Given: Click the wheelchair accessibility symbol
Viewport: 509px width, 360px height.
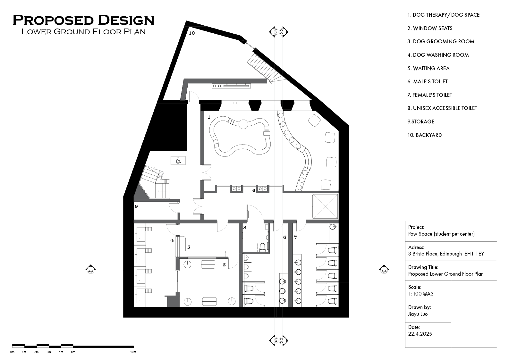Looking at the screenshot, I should pyautogui.click(x=178, y=160).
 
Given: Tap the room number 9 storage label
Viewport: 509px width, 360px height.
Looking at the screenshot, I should pyautogui.click(x=136, y=206).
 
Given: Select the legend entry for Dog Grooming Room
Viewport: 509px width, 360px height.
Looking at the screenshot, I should pyautogui.click(x=440, y=41).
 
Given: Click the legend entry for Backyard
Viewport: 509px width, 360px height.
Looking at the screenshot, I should pyautogui.click(x=424, y=135).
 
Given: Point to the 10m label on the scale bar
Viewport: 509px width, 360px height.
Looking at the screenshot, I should pyautogui.click(x=133, y=352).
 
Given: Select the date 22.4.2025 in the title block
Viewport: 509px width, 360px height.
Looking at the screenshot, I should pyautogui.click(x=420, y=334).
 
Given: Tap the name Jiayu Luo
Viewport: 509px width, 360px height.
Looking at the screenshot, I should pyautogui.click(x=418, y=314).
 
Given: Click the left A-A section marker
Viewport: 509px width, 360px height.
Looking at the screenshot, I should pyautogui.click(x=91, y=270).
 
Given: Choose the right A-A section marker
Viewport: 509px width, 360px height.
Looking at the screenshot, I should pyautogui.click(x=384, y=270).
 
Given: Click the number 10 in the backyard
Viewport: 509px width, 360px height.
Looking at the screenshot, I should pyautogui.click(x=191, y=33).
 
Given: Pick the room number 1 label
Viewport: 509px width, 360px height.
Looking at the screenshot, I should pyautogui.click(x=209, y=117).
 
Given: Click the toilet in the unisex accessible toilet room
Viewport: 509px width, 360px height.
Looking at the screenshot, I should pyautogui.click(x=262, y=247).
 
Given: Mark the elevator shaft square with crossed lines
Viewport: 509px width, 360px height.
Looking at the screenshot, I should pyautogui.click(x=325, y=206).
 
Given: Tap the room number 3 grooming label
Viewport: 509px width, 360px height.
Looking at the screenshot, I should pyautogui.click(x=224, y=265).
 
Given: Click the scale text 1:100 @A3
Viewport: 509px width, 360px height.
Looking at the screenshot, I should pyautogui.click(x=420, y=294).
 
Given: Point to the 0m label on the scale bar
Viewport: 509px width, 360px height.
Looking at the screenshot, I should pyautogui.click(x=12, y=352).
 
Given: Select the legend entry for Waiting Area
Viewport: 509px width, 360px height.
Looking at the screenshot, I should pyautogui.click(x=428, y=68).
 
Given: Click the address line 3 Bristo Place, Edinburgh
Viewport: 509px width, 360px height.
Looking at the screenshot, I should pyautogui.click(x=446, y=254).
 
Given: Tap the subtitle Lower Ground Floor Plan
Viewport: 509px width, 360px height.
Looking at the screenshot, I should pyautogui.click(x=83, y=31).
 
